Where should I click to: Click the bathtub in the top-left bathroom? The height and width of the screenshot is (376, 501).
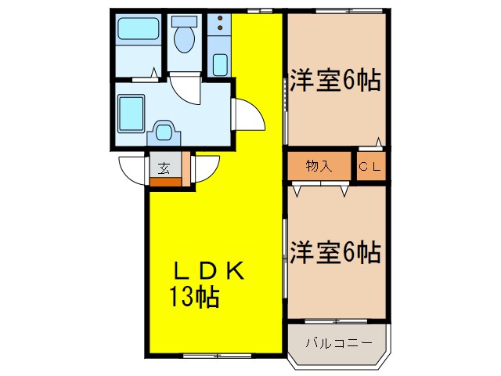tap(138, 32)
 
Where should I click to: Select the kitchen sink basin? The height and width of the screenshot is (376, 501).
tap(220, 63)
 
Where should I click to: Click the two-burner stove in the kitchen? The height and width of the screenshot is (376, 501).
tap(220, 23)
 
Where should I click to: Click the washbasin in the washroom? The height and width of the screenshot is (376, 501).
tap(164, 131)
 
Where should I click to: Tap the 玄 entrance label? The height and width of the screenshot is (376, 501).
tap(164, 167)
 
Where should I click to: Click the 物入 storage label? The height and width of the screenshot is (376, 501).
tap(319, 166)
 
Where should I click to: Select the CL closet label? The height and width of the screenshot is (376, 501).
tap(369, 166)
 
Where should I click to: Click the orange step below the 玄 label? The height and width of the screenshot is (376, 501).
tap(164, 182)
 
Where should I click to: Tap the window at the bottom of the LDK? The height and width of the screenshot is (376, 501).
tap(211, 355)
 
